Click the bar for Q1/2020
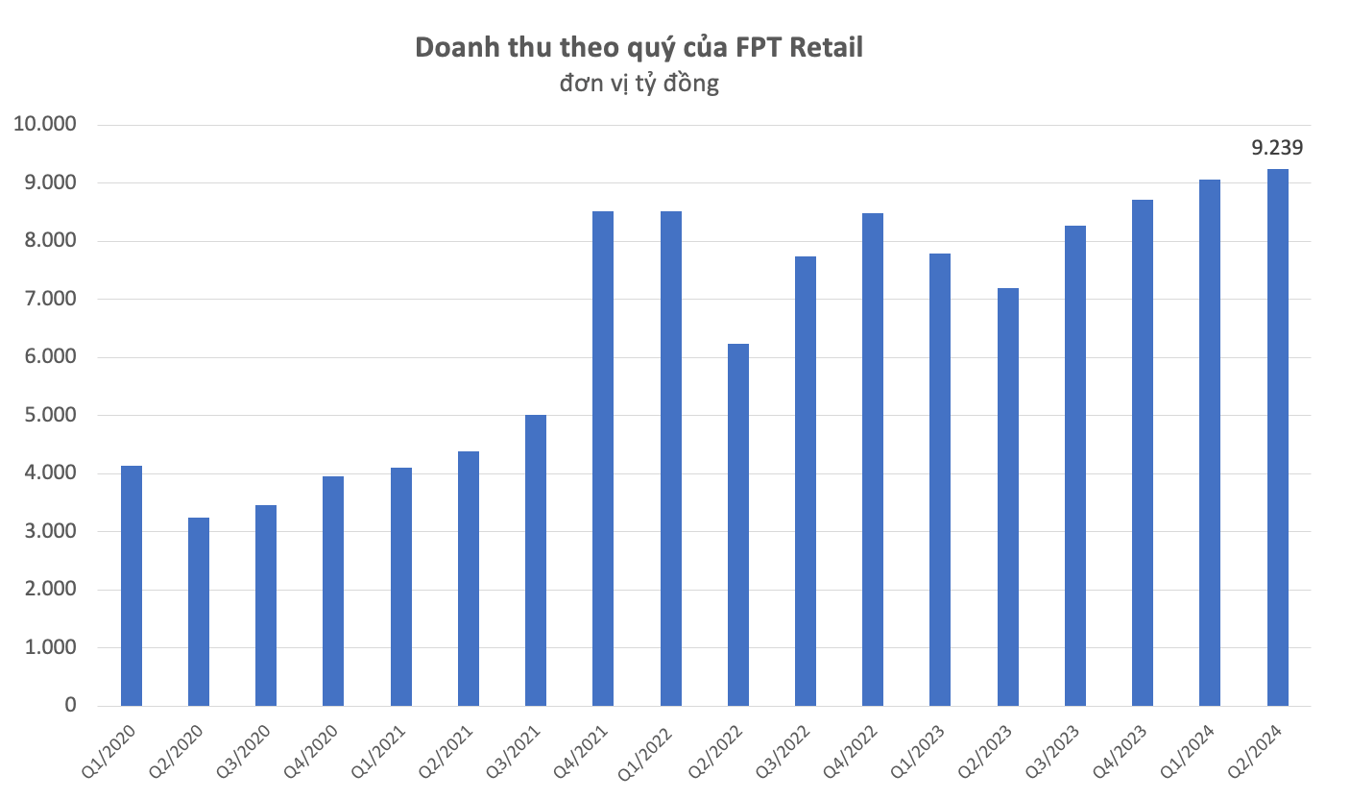(132, 586)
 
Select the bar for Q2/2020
(199, 612)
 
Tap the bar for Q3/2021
(536, 561)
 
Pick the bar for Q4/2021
(603, 459)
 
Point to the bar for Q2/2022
(738, 525)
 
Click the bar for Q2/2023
(1008, 497)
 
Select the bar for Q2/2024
(1278, 438)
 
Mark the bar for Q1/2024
(1210, 443)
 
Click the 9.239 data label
(1277, 148)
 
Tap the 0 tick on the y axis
(70, 706)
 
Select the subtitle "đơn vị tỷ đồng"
(639, 84)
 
